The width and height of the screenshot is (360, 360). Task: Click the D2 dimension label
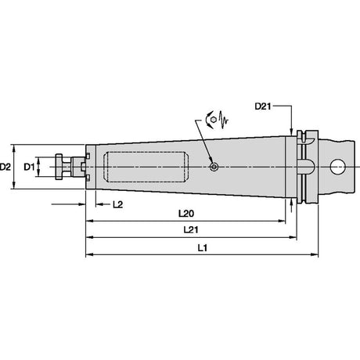(5, 167)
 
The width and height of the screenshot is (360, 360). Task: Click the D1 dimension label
(29, 167)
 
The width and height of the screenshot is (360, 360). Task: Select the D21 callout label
(263, 106)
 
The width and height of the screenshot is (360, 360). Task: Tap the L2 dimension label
(117, 204)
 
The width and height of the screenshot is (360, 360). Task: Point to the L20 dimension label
(186, 214)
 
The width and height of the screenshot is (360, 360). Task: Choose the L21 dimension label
(191, 230)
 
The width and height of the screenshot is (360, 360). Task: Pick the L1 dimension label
(202, 247)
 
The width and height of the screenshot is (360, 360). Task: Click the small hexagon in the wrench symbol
(214, 120)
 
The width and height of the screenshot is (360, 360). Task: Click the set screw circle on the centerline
(214, 167)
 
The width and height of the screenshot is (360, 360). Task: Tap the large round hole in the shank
(337, 167)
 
